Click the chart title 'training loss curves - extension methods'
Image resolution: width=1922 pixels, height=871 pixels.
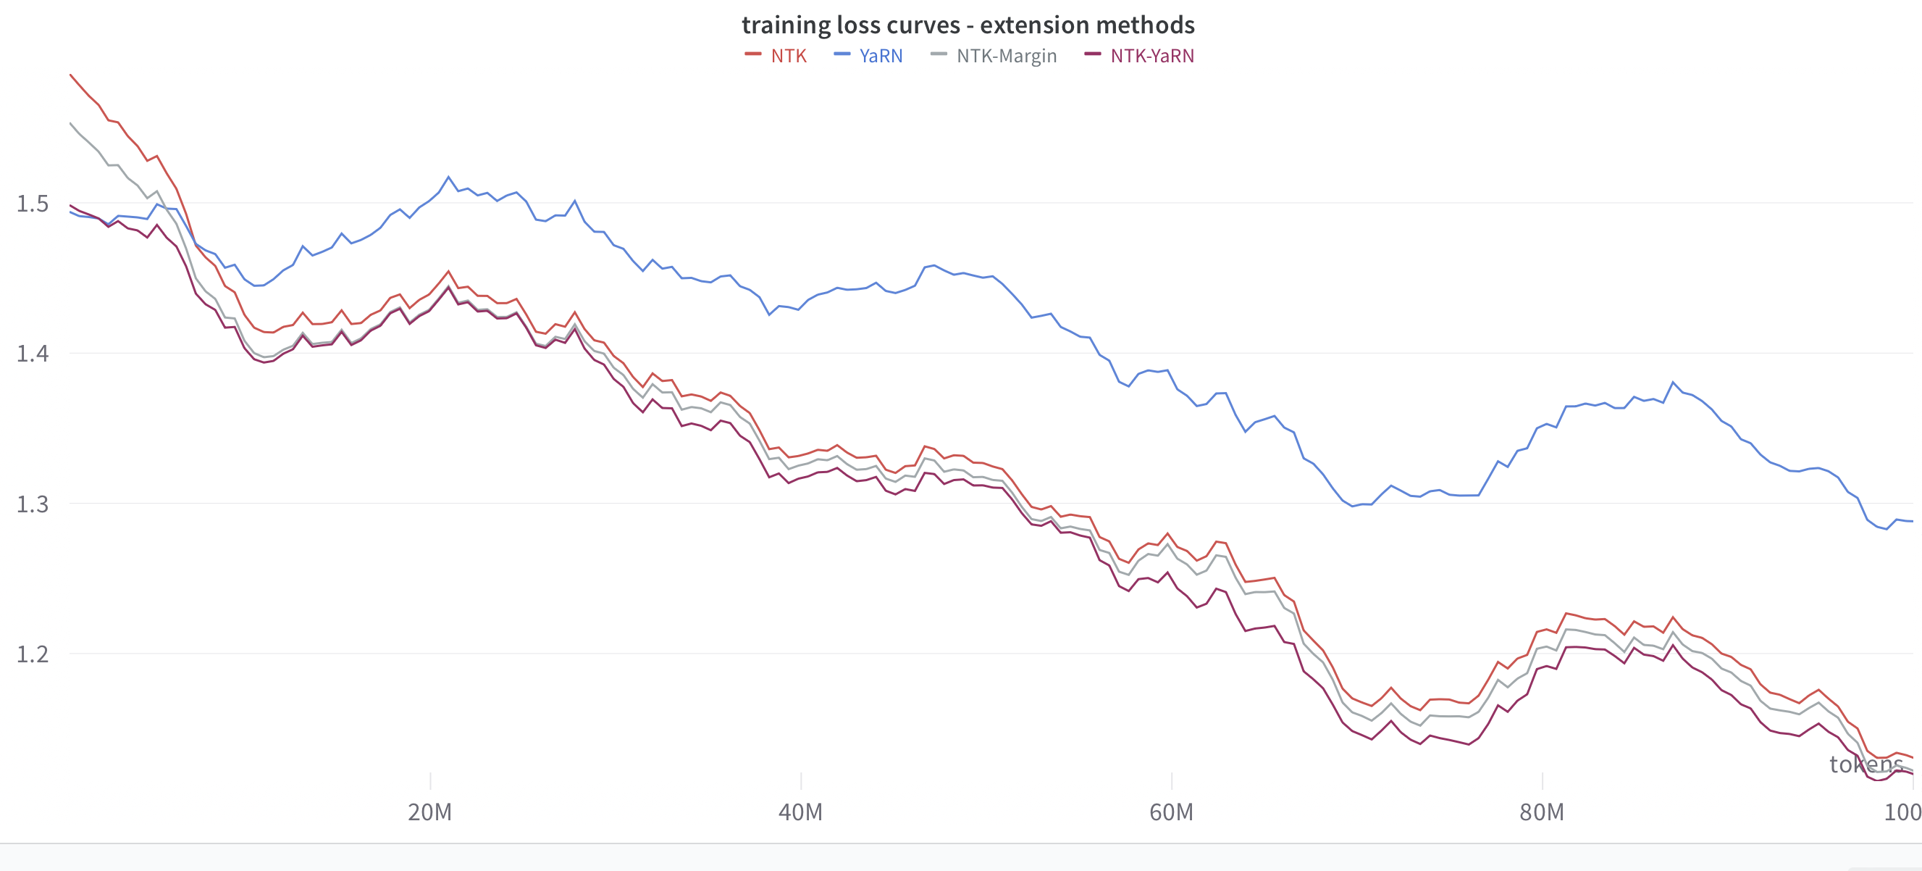coord(968,25)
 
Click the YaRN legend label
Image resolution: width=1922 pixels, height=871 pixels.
coord(881,56)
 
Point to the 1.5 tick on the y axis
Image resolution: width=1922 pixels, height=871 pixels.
coord(32,204)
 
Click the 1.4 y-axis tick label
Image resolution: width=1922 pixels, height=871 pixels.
coord(32,354)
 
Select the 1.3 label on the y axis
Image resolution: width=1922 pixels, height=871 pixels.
coord(32,504)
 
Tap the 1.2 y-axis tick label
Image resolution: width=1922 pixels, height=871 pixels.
coord(32,654)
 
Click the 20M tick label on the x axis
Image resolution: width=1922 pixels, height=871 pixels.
coord(429,812)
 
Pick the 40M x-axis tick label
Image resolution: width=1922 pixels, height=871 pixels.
coord(800,812)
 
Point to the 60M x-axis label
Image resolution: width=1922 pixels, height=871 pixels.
coord(1172,812)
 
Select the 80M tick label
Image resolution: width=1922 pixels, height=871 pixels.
coord(1542,812)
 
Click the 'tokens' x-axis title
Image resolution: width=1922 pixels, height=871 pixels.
coord(1866,764)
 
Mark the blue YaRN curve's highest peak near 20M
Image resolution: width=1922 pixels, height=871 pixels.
coord(448,177)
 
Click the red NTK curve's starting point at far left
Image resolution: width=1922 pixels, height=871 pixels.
coord(71,75)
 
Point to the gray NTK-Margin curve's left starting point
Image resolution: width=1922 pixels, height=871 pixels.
coord(71,123)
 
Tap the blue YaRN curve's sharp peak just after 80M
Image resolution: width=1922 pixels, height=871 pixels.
coord(1673,382)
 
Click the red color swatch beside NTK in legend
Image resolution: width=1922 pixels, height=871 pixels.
coord(753,54)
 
